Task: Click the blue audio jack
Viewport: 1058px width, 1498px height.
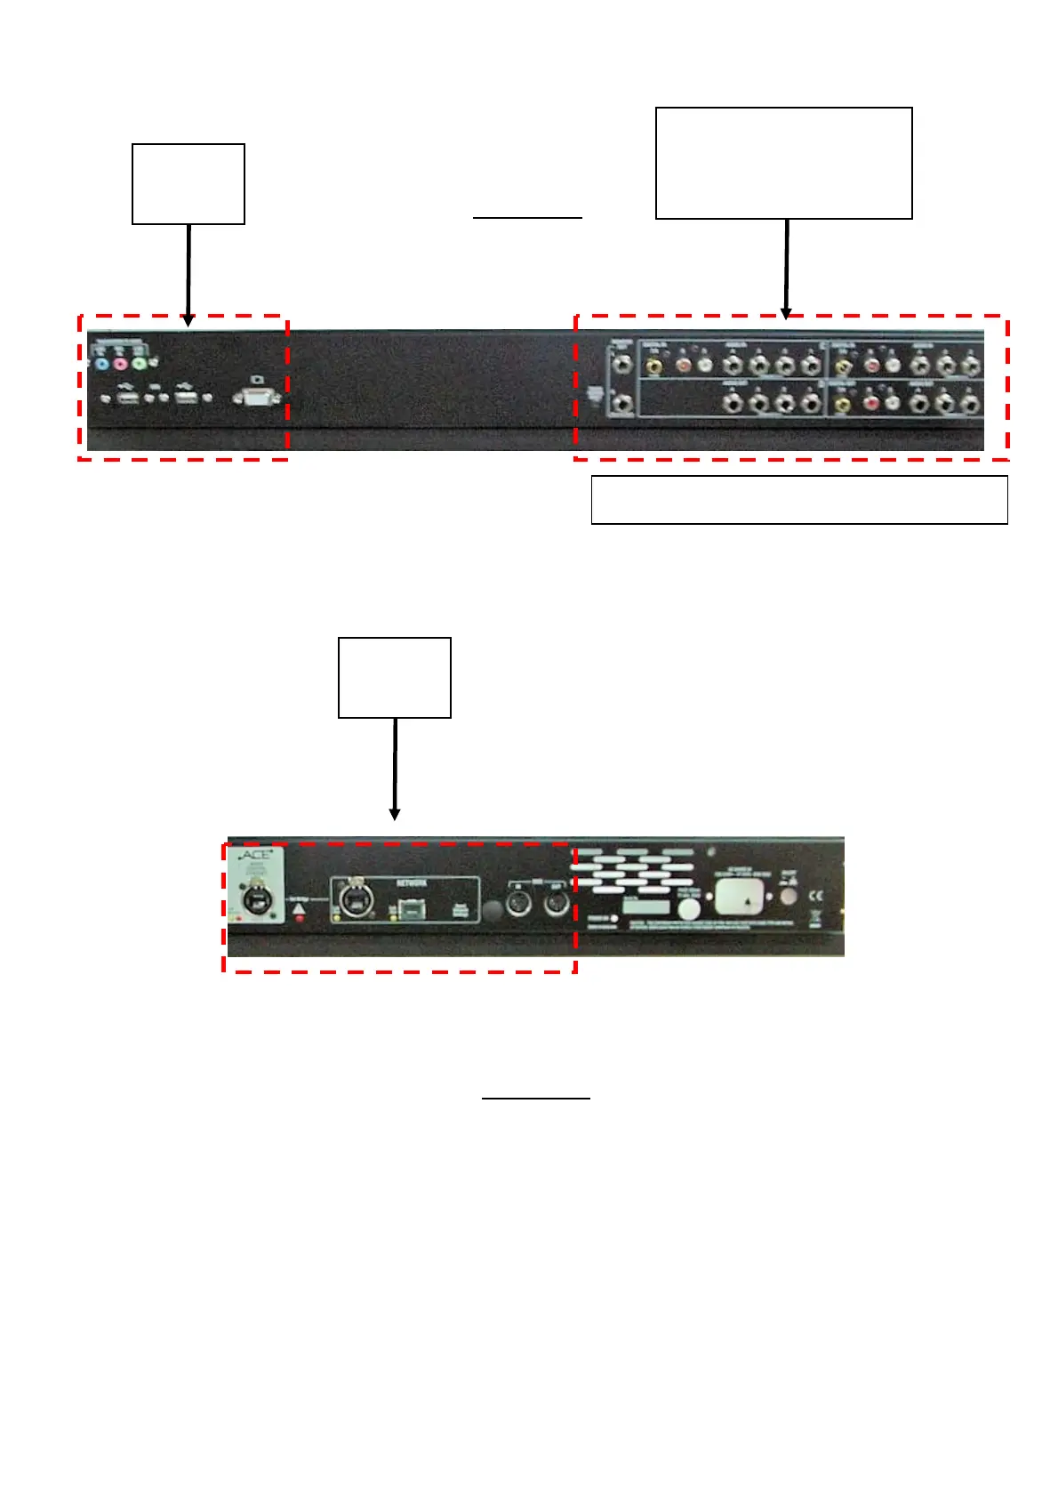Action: click(101, 364)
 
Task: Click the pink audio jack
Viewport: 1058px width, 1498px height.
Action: click(120, 364)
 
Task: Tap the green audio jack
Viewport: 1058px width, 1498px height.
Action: click(139, 364)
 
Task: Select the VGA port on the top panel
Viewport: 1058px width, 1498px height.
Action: click(256, 398)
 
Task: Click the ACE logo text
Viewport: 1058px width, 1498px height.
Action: click(256, 855)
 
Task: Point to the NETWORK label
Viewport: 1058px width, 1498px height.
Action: click(412, 883)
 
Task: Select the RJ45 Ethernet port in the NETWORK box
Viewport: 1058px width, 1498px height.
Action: click(412, 909)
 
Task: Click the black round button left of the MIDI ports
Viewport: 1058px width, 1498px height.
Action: click(490, 909)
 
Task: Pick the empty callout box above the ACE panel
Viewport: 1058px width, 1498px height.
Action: click(395, 677)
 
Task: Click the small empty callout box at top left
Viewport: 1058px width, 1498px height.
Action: click(188, 183)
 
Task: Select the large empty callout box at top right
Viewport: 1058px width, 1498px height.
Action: click(783, 163)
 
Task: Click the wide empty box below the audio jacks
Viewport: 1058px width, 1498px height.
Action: click(799, 500)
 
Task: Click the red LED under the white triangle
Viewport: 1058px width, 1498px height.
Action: click(299, 917)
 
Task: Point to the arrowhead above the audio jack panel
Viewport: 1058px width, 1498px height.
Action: click(785, 313)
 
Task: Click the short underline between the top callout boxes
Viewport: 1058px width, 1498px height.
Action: click(527, 217)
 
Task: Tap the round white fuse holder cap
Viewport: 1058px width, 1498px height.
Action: click(690, 908)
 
